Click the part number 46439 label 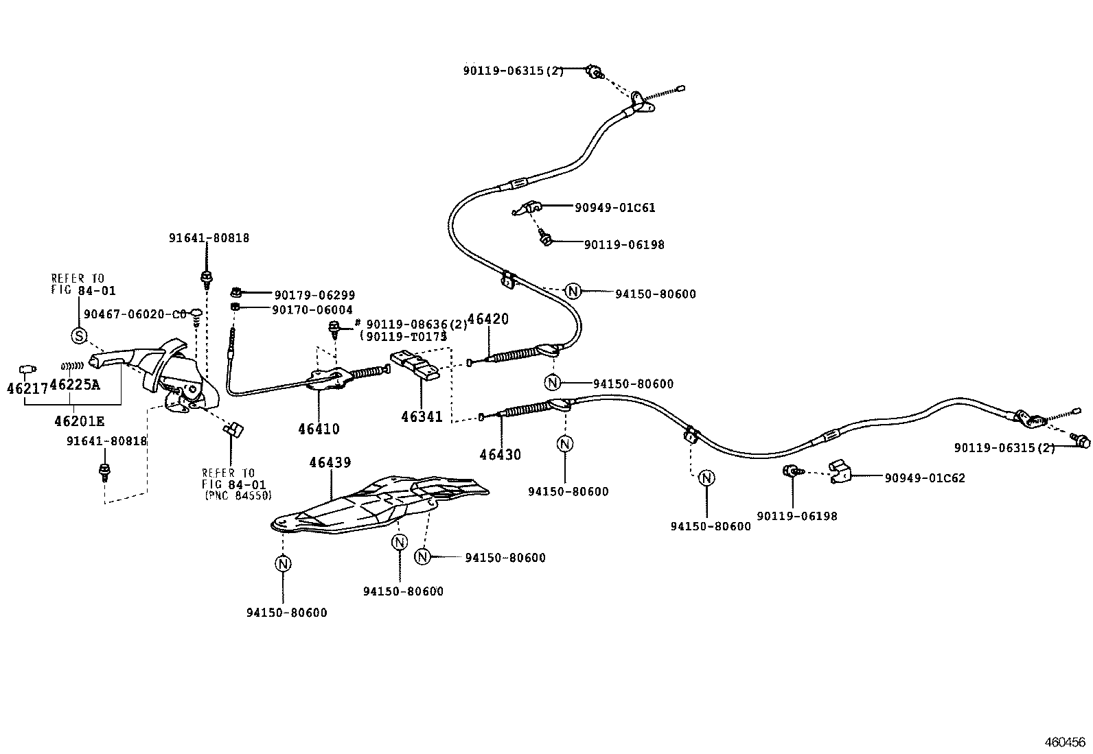(330, 462)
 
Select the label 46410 (319, 429)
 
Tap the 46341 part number (422, 416)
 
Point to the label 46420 (487, 320)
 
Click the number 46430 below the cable (500, 454)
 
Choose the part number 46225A (74, 385)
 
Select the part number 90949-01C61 (614, 207)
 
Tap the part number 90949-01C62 (924, 478)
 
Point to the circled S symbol (79, 335)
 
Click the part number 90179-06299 (314, 295)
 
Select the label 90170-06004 (312, 310)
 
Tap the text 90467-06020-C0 (135, 314)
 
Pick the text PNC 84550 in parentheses (237, 495)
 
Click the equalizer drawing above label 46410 (326, 378)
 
